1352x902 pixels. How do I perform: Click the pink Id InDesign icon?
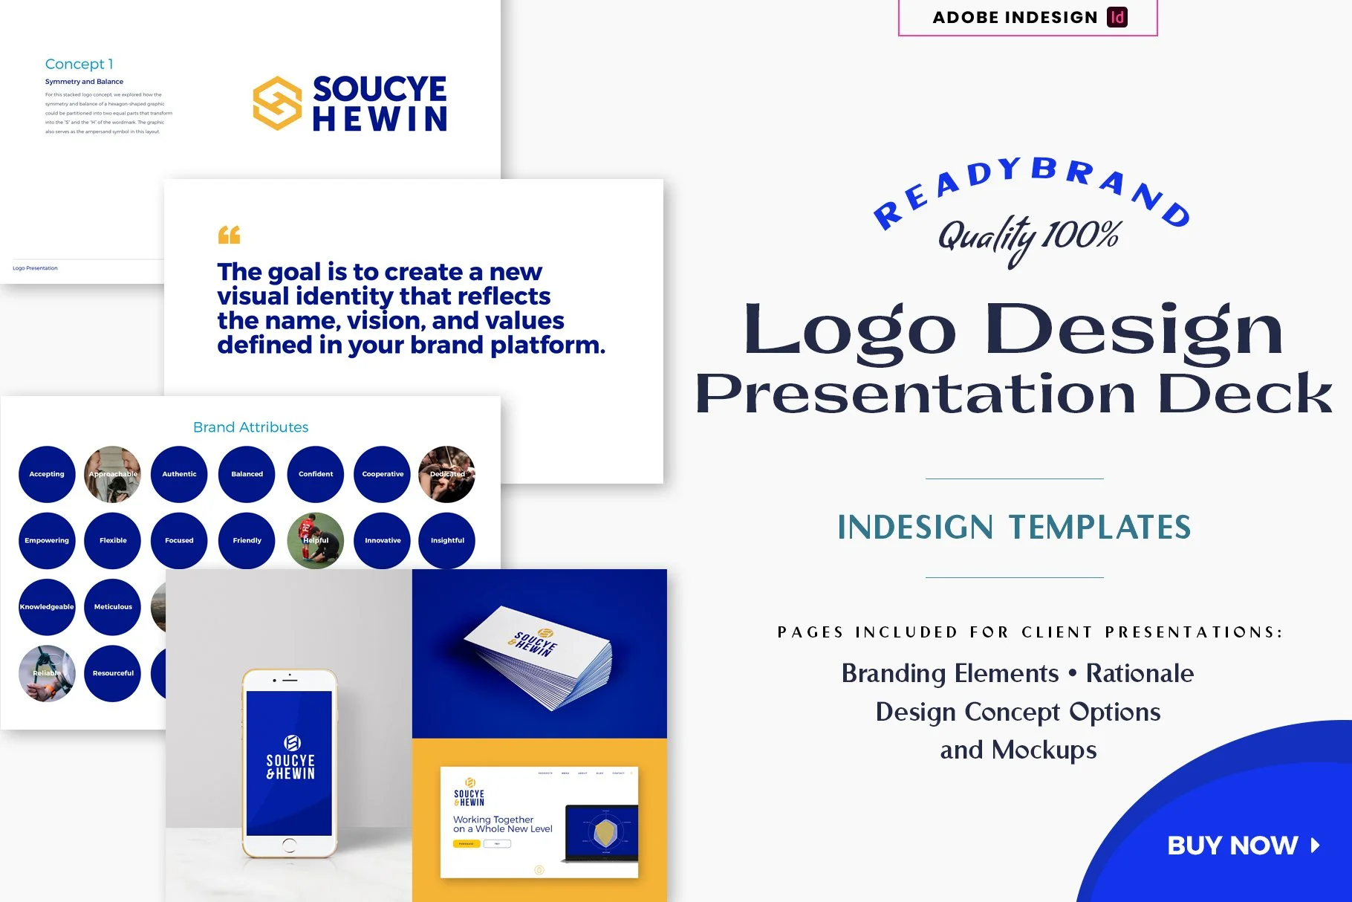1117,17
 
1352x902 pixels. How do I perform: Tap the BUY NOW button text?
1232,846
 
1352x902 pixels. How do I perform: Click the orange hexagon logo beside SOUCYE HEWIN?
277,103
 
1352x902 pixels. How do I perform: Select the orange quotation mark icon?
229,235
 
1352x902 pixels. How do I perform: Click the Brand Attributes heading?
250,427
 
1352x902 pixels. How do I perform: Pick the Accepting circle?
47,474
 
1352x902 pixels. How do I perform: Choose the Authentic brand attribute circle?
179,474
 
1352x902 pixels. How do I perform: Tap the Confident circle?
316,474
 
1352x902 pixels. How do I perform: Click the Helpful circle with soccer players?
316,541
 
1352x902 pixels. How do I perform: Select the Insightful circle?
447,541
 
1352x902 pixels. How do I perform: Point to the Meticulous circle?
113,607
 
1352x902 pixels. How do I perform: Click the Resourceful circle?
113,673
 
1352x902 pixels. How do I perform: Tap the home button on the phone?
290,845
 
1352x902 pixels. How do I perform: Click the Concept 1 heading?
79,64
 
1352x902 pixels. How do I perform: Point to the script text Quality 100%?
1029,237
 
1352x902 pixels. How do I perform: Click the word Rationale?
1140,673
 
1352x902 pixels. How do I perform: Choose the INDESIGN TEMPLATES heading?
1014,528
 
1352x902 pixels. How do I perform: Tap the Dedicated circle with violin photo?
447,474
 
